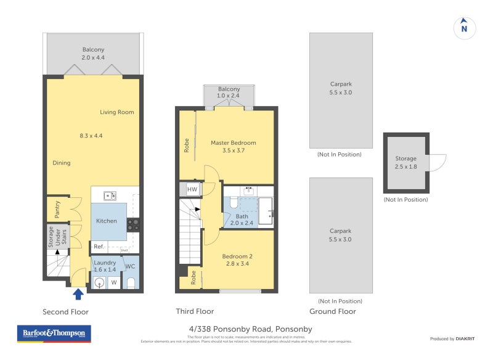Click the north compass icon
coord(465,27)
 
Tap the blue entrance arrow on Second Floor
coord(79,294)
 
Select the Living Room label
coord(117,112)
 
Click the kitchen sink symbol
coord(110,196)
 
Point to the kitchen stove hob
coord(133,225)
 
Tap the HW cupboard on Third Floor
coord(192,189)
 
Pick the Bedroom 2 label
coord(237,256)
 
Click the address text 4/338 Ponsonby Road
coord(250,329)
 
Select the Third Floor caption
coord(195,311)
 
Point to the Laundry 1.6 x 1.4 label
coord(104,266)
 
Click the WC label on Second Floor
coord(130,266)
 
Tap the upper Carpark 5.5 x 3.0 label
coord(341,88)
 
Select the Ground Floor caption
coord(333,311)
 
